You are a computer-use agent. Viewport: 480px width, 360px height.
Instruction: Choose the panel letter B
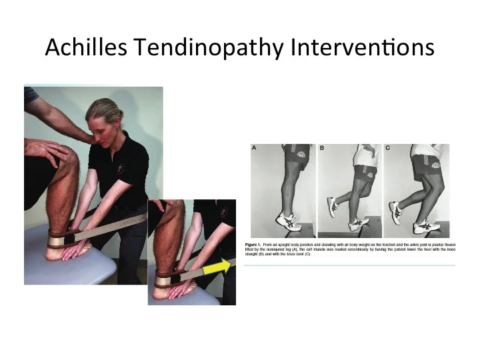pos(321,149)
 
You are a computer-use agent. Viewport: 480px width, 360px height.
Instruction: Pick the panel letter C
pos(387,149)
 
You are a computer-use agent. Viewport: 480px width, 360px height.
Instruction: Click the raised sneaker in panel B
pos(331,207)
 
